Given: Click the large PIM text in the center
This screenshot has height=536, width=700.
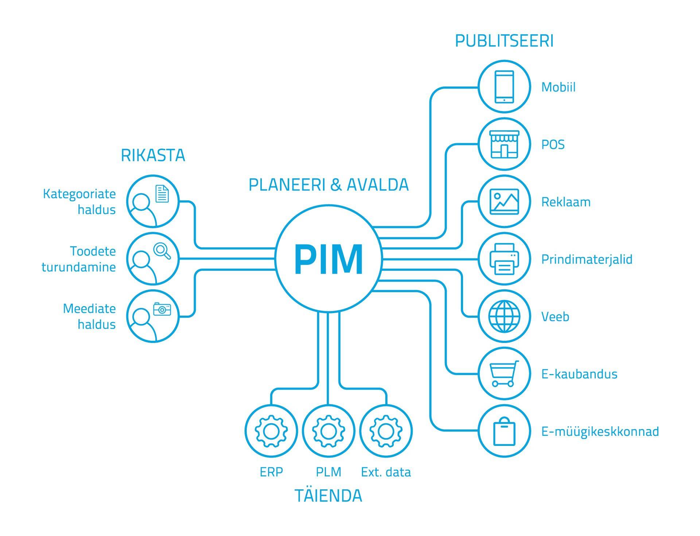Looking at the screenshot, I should (x=328, y=259).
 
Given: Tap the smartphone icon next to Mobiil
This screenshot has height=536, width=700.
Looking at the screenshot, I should (x=504, y=87).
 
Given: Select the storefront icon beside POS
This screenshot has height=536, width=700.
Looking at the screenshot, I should (x=504, y=144).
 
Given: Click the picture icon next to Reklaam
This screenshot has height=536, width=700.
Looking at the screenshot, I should (x=504, y=201).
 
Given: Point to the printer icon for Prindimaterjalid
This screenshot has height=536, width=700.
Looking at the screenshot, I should (x=504, y=259).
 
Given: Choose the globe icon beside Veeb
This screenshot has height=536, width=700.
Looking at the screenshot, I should (x=504, y=316).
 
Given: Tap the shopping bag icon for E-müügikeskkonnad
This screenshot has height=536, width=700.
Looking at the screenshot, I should (x=504, y=432).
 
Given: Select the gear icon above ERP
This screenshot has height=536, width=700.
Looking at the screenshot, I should (x=271, y=431).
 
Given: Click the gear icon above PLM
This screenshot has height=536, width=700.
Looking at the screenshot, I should (x=328, y=431).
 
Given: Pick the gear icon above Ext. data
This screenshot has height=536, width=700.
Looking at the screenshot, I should (x=386, y=431).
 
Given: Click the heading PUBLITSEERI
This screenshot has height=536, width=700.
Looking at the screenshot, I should (x=504, y=41).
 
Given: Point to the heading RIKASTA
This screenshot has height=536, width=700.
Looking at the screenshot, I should (x=153, y=155).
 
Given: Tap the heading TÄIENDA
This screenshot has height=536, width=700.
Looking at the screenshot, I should (x=328, y=496).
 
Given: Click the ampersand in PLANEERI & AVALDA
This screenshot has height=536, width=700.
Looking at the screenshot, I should (x=336, y=185).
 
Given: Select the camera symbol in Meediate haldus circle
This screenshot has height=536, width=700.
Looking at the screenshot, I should (x=162, y=309).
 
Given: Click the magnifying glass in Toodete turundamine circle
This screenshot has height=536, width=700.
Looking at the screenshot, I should (x=162, y=251).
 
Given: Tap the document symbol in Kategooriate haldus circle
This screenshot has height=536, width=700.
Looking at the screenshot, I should (x=162, y=194).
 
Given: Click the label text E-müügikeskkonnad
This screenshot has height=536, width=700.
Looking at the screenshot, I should (x=600, y=432).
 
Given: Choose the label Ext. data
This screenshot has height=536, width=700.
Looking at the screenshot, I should (x=386, y=472).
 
